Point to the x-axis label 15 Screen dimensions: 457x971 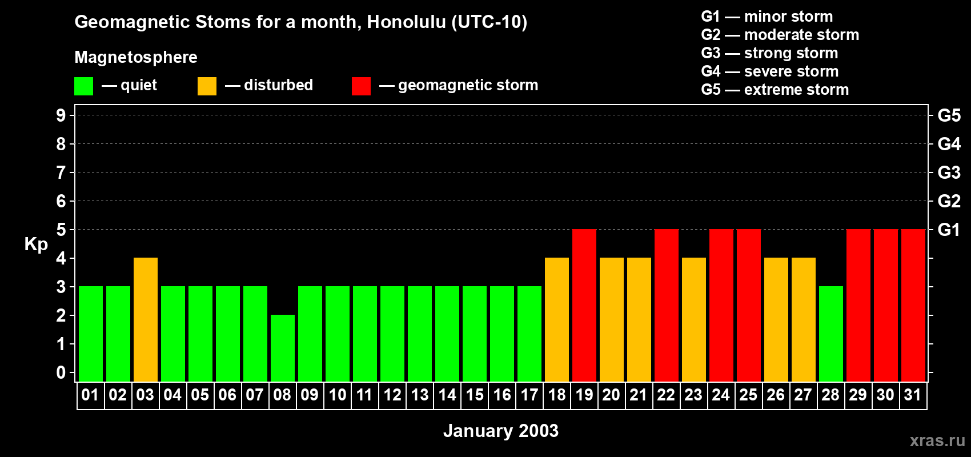click(x=475, y=395)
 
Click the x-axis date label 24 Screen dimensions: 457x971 click(x=721, y=395)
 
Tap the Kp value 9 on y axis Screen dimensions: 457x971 click(x=61, y=115)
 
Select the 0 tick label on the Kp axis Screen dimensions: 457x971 click(x=61, y=372)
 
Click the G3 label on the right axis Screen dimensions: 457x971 click(x=949, y=173)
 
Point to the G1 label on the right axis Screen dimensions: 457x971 click(x=949, y=230)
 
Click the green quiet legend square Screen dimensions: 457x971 click(x=84, y=86)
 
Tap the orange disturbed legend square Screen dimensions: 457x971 click(x=207, y=86)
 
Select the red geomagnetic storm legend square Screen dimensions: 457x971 click(x=361, y=86)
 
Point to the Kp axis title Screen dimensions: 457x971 click(x=36, y=244)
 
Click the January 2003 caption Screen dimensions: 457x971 click(x=500, y=431)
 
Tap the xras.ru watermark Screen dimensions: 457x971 click(x=937, y=440)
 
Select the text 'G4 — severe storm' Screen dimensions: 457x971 click(x=770, y=71)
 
